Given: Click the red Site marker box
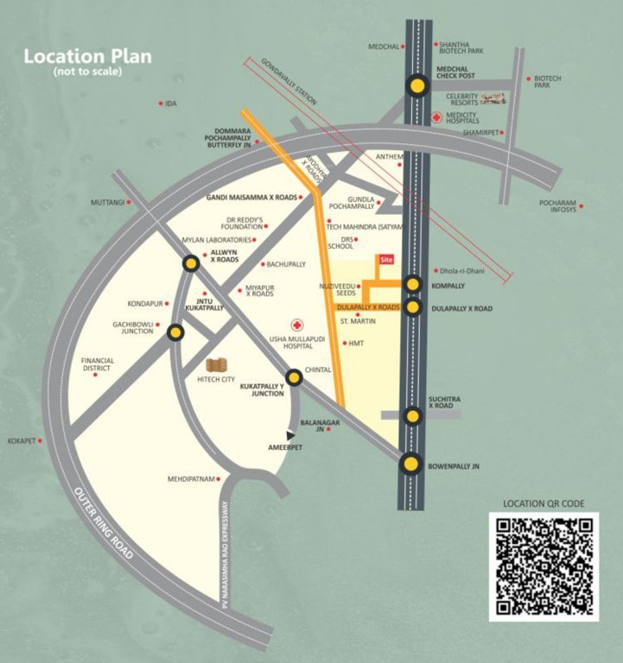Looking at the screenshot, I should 386,259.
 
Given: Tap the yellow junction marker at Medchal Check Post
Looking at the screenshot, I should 418,85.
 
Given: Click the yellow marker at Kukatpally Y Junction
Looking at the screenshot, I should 294,376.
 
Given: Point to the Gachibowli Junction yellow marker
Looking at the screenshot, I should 175,331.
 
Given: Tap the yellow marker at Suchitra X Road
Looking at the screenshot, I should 412,417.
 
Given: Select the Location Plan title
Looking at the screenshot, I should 87,57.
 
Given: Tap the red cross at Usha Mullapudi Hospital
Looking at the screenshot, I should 298,324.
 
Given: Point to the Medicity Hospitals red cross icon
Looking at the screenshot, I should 437,116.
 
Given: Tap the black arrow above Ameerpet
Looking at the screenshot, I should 290,436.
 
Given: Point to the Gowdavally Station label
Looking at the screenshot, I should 286,85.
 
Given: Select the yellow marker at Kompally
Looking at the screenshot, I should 413,284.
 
